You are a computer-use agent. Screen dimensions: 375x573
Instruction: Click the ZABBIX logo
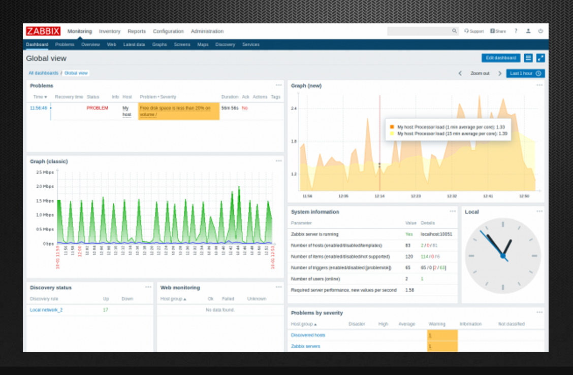click(43, 31)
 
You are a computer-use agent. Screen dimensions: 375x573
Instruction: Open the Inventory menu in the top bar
click(110, 31)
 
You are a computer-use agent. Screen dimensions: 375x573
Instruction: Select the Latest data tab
click(134, 45)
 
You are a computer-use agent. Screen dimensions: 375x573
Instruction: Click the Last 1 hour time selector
click(525, 74)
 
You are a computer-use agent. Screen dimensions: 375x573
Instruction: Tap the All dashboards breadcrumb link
click(43, 73)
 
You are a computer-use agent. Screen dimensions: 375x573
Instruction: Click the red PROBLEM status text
click(97, 108)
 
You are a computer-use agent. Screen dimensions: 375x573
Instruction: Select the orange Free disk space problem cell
click(178, 111)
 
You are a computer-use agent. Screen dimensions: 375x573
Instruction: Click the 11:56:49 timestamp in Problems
click(38, 108)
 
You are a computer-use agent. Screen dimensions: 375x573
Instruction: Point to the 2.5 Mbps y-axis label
click(45, 172)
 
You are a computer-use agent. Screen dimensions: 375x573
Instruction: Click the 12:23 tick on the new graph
click(416, 196)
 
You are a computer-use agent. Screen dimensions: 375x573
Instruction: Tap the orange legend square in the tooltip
click(392, 126)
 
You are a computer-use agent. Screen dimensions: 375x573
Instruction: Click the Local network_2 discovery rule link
click(46, 310)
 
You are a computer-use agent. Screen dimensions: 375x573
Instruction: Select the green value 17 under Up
click(105, 310)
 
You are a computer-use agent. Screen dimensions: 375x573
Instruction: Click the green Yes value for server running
click(409, 234)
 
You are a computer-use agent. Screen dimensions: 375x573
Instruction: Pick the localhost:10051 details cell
click(436, 234)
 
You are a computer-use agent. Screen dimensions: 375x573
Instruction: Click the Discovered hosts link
click(308, 335)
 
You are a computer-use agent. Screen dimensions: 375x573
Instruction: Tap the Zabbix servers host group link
click(305, 347)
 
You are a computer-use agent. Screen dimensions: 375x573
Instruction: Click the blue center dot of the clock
click(503, 257)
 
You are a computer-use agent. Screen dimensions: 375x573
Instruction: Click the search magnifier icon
click(455, 31)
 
